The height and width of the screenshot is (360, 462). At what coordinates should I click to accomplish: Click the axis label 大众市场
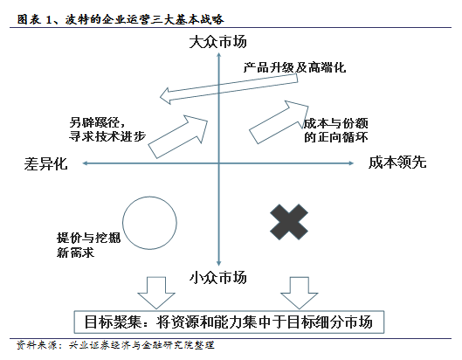coord(217,42)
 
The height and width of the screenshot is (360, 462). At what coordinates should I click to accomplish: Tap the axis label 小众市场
coord(217,278)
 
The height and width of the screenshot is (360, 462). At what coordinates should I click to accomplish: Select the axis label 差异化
coord(45,163)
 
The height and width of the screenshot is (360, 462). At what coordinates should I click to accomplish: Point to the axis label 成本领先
coord(397,163)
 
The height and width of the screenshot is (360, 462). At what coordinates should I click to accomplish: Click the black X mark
coord(289,222)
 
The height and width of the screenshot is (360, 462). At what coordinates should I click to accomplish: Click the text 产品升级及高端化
coord(294,68)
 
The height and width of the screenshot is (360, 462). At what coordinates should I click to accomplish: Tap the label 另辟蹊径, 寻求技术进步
coord(107,129)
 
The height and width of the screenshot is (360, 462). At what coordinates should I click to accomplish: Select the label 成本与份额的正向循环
coord(336,130)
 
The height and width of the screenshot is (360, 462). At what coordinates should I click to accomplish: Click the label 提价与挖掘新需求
coord(88,246)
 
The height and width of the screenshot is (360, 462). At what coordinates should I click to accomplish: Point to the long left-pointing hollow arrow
coord(229,89)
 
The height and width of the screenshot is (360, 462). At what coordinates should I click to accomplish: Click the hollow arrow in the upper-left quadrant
coord(177,136)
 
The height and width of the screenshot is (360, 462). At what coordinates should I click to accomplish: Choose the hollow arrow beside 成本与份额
coord(279,122)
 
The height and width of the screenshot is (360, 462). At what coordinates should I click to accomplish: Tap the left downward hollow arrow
coord(156,293)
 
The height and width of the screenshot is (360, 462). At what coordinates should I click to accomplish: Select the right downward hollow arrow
coord(299,293)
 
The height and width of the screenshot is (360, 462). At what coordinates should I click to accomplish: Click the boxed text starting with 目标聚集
coord(229,322)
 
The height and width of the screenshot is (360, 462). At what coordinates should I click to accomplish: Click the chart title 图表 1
coord(121,19)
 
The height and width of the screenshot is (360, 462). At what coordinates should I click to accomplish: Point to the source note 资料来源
coord(115,345)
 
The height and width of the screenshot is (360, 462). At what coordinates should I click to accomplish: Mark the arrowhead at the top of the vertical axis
coord(218,53)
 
